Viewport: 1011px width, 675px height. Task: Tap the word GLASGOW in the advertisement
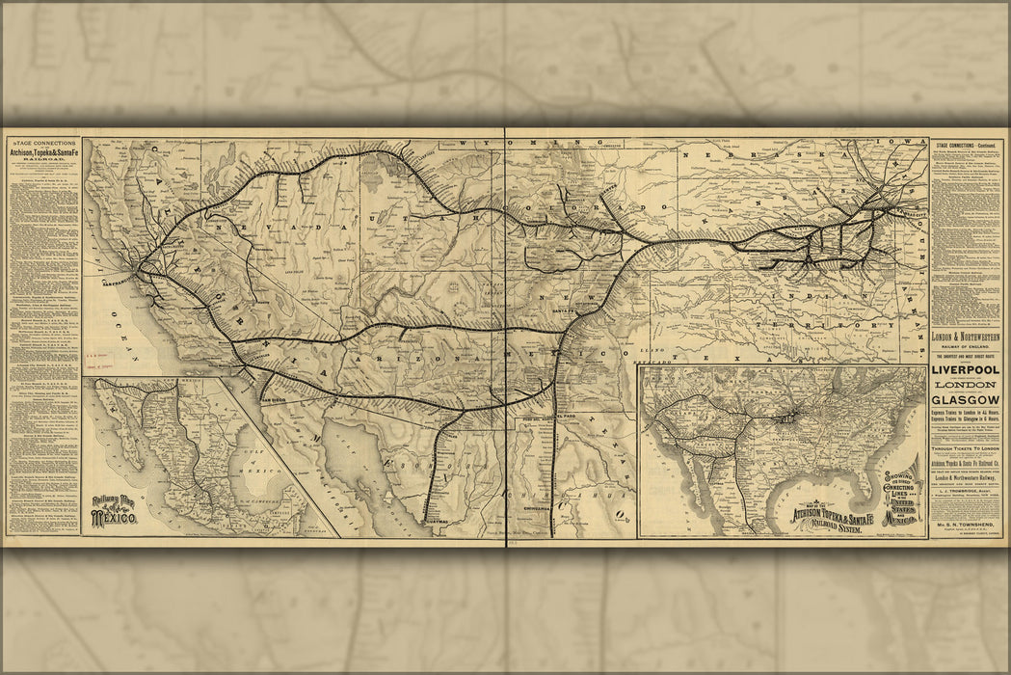point(967,399)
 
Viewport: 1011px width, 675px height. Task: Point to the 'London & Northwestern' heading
point(967,337)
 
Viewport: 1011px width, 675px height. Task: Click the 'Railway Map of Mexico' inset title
point(114,510)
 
